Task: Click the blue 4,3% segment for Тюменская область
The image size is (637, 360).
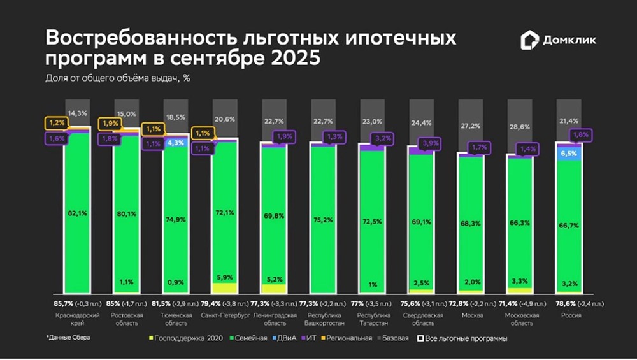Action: coord(175,143)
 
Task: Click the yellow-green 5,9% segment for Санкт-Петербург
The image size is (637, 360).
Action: coord(224,278)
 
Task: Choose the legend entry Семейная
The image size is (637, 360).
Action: coord(249,338)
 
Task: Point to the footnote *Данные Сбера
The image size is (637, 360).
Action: coord(68,337)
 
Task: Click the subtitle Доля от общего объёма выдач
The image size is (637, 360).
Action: coord(118,78)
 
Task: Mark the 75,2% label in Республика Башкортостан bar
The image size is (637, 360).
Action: coord(322,221)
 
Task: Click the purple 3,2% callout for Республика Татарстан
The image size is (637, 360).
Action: coord(383,138)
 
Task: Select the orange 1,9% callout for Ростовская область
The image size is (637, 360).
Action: coord(108,124)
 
